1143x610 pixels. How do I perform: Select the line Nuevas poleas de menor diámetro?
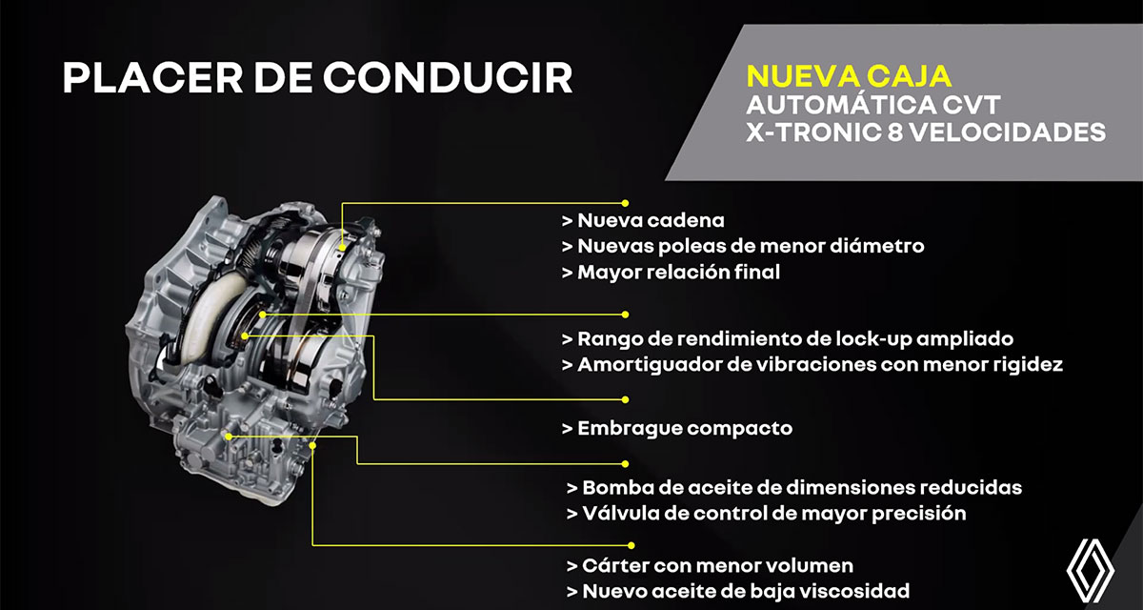click(751, 246)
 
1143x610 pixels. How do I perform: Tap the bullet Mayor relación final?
click(679, 272)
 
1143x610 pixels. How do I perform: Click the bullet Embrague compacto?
click(684, 428)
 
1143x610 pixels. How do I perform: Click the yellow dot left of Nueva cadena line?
click(626, 202)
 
